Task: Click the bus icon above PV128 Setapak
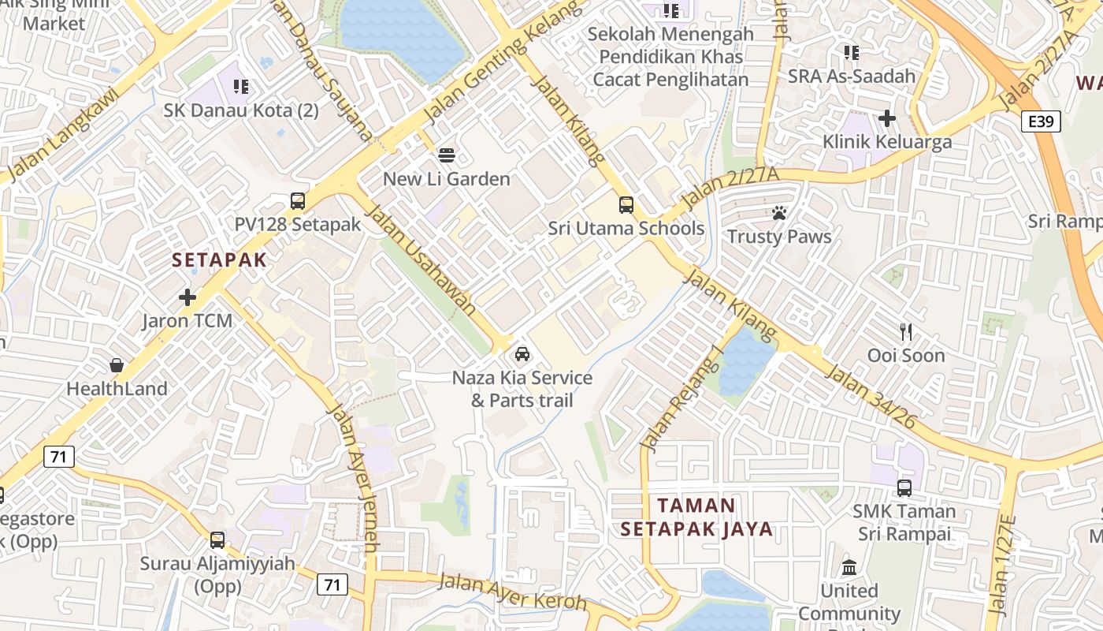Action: tap(297, 201)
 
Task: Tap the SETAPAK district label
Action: tap(219, 259)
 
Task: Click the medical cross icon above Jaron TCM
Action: tap(188, 297)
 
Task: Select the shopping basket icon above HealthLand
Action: tap(117, 365)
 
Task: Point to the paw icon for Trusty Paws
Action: tap(779, 213)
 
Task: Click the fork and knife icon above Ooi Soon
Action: tap(906, 332)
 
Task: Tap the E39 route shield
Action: tap(1041, 121)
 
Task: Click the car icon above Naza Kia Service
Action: tap(522, 354)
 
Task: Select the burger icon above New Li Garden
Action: tap(447, 155)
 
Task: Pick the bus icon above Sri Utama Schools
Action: tap(626, 205)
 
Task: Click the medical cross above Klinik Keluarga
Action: tap(887, 118)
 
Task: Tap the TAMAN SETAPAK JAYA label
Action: tap(696, 517)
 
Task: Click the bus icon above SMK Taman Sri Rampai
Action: tap(904, 487)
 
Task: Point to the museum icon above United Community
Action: tap(849, 567)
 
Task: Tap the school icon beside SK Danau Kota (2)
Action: tap(241, 86)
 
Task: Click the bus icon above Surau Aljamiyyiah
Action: tap(217, 540)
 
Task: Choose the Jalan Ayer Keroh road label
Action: tap(513, 592)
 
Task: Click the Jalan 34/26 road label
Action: tap(870, 397)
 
